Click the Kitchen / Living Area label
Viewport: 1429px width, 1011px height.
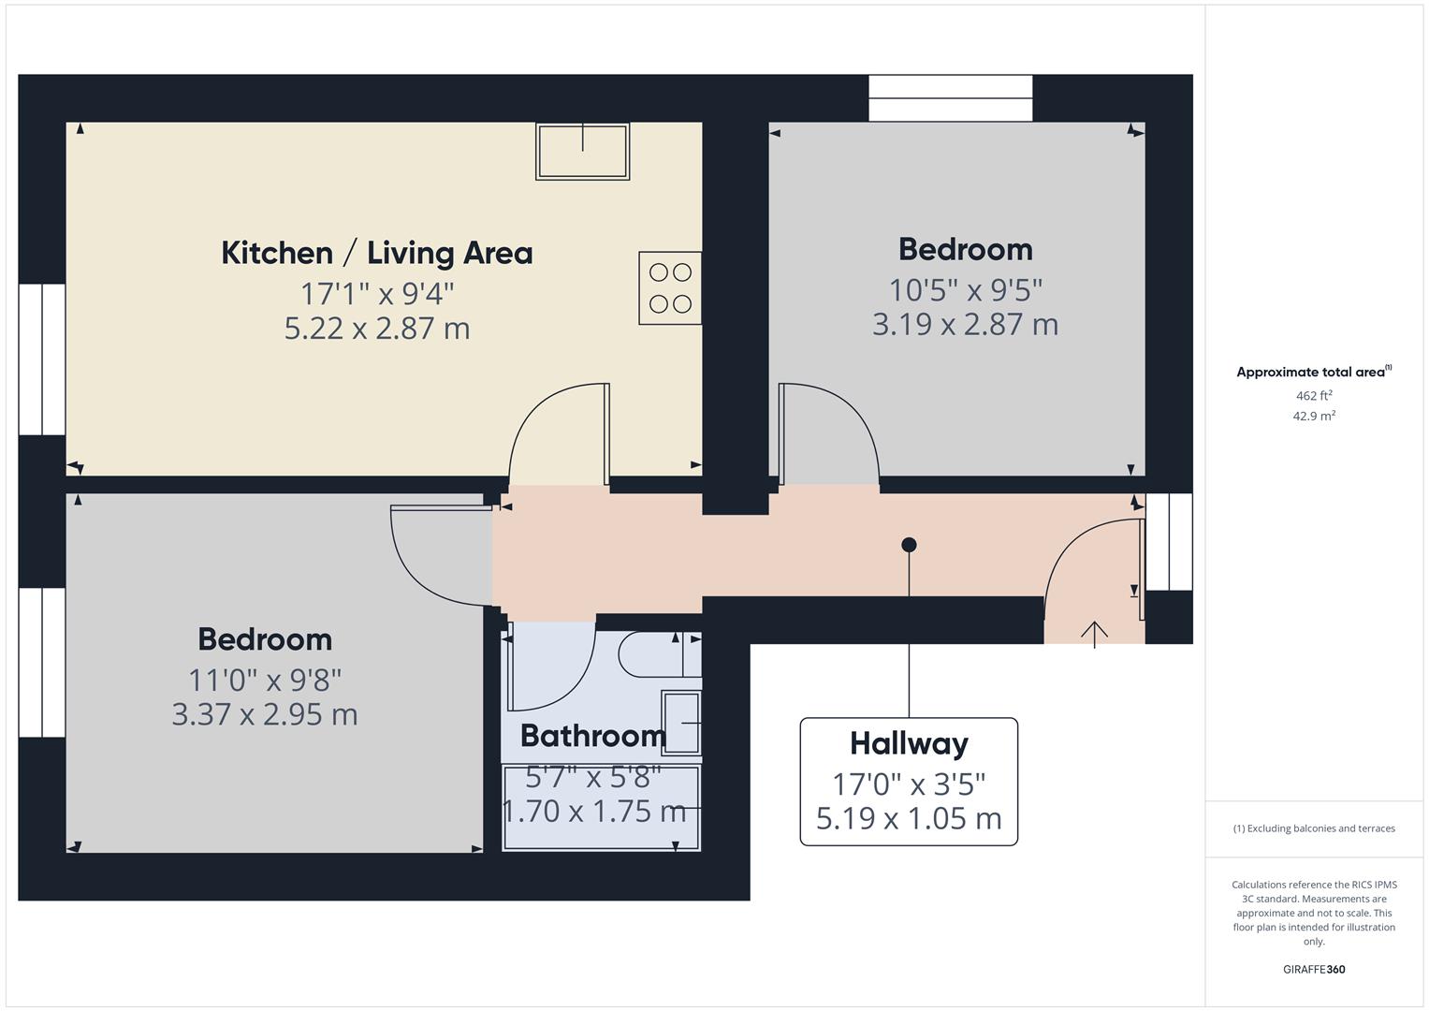point(376,253)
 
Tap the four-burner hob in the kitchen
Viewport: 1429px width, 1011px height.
point(670,288)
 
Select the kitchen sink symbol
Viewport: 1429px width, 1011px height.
point(582,152)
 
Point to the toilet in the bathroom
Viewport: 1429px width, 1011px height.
point(660,654)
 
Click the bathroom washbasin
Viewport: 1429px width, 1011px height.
point(681,723)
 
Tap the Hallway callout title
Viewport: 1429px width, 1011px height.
point(909,743)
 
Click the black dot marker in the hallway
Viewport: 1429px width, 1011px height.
point(909,545)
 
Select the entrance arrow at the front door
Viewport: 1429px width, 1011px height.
point(1094,634)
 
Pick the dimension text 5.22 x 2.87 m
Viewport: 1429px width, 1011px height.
point(377,328)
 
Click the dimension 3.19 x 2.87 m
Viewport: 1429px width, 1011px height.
point(965,324)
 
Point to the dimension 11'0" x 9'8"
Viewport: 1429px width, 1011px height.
point(265,681)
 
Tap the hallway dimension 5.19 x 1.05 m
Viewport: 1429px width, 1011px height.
point(909,818)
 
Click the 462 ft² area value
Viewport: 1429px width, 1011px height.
point(1314,395)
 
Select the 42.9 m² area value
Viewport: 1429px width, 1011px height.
point(1314,416)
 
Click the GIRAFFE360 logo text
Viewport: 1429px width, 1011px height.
point(1314,969)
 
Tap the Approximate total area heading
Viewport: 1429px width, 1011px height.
point(1314,372)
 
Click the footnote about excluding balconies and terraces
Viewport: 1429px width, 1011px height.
point(1314,828)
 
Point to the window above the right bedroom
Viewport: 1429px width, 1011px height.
point(951,98)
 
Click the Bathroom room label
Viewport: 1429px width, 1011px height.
point(593,736)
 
